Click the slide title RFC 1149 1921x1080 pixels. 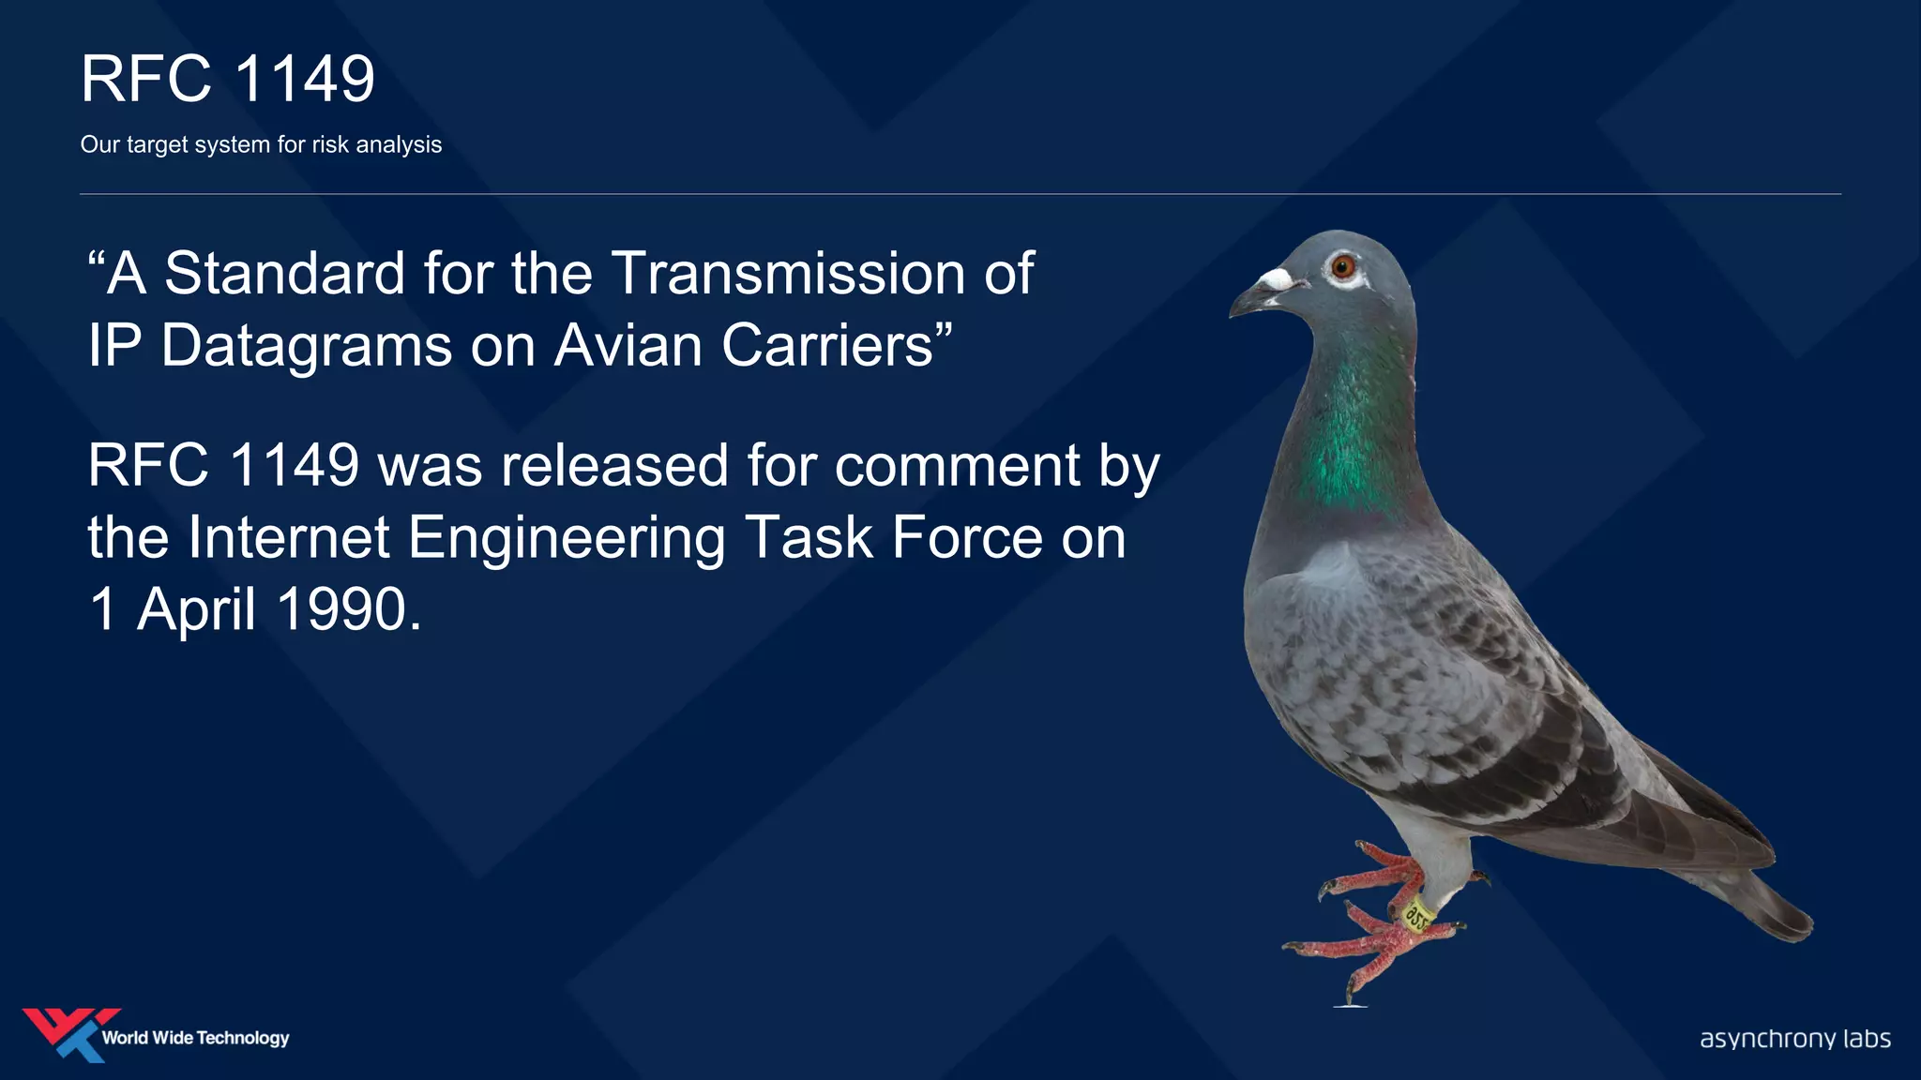(228, 79)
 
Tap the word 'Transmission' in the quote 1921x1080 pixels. (789, 274)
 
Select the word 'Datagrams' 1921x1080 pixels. (308, 346)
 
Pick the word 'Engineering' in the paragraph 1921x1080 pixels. (567, 539)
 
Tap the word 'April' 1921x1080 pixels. (197, 610)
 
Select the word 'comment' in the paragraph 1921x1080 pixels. (958, 466)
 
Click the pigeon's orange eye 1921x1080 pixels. (1342, 267)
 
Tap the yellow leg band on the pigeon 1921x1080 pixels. (1416, 914)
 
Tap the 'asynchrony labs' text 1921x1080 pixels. (1794, 1039)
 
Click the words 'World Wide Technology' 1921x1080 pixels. (195, 1038)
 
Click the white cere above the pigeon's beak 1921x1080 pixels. (1276, 279)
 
